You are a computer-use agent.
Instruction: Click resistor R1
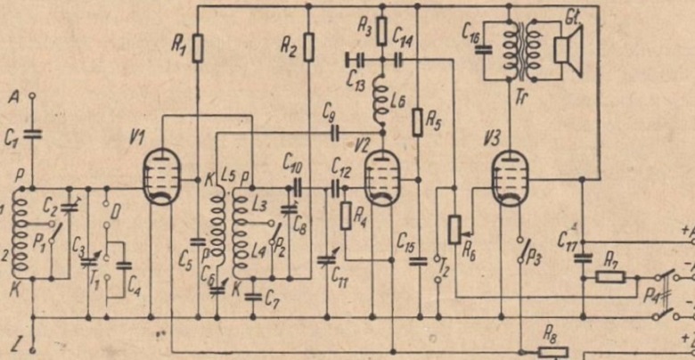[x=198, y=46]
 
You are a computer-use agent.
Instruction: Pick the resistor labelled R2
[x=308, y=46]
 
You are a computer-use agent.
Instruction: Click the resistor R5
[x=417, y=122]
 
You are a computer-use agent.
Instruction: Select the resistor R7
[x=610, y=276]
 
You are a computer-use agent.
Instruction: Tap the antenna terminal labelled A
[x=32, y=94]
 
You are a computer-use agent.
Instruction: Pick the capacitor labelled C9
[x=335, y=134]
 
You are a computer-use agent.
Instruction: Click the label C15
[x=405, y=241]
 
